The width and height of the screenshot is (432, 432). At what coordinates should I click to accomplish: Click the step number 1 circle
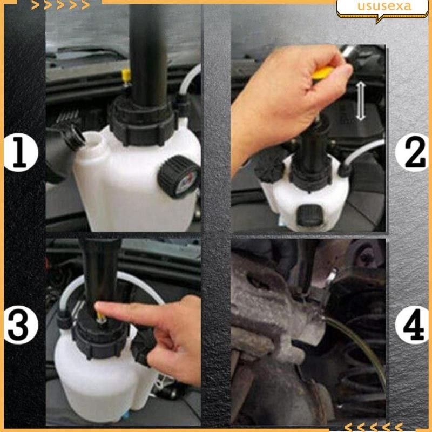[21, 152]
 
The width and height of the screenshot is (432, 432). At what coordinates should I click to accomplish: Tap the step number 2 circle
[413, 152]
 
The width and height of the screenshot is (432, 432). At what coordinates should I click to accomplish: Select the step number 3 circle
[21, 326]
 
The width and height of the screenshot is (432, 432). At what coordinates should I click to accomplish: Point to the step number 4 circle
[413, 326]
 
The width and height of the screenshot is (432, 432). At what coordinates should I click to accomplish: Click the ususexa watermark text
[384, 6]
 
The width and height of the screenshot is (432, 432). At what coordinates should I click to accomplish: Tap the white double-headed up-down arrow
[360, 102]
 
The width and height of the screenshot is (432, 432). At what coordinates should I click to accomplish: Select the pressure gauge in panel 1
[180, 177]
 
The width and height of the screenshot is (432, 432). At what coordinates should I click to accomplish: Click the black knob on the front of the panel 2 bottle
[309, 215]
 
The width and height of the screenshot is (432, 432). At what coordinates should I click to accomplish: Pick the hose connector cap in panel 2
[345, 170]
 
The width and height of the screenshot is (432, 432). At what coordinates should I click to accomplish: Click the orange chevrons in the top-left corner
[60, 5]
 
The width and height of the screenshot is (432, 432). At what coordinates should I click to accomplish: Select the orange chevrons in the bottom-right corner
[373, 427]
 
